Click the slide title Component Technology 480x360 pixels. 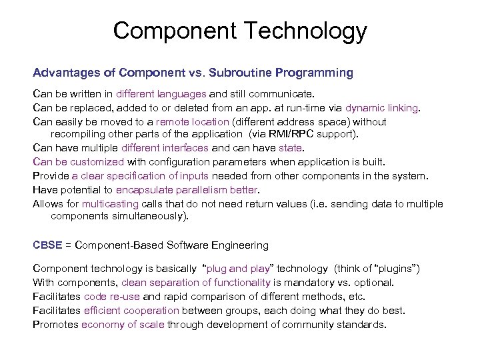(x=240, y=31)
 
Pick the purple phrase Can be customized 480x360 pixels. (x=79, y=161)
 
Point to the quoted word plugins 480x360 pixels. (x=397, y=269)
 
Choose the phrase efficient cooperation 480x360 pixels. (x=131, y=310)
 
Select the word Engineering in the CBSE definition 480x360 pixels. (x=238, y=246)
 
